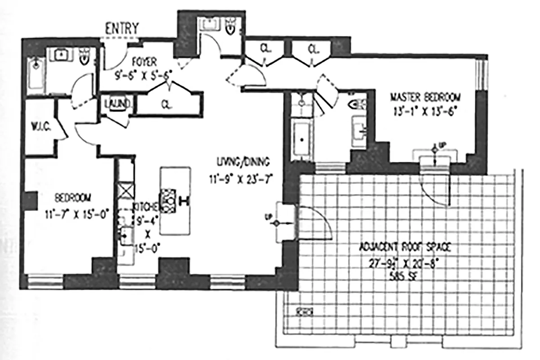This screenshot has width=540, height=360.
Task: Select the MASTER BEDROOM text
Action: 425,97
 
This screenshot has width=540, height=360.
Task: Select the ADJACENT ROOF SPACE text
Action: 405,247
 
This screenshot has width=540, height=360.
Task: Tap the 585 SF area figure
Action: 403,276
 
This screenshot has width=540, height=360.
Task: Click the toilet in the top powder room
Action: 230,27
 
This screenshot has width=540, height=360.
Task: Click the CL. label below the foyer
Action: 166,104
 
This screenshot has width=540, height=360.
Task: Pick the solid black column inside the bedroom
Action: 30,200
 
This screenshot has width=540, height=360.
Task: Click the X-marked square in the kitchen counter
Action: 126,187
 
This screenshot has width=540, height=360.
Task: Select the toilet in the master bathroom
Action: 359,105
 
